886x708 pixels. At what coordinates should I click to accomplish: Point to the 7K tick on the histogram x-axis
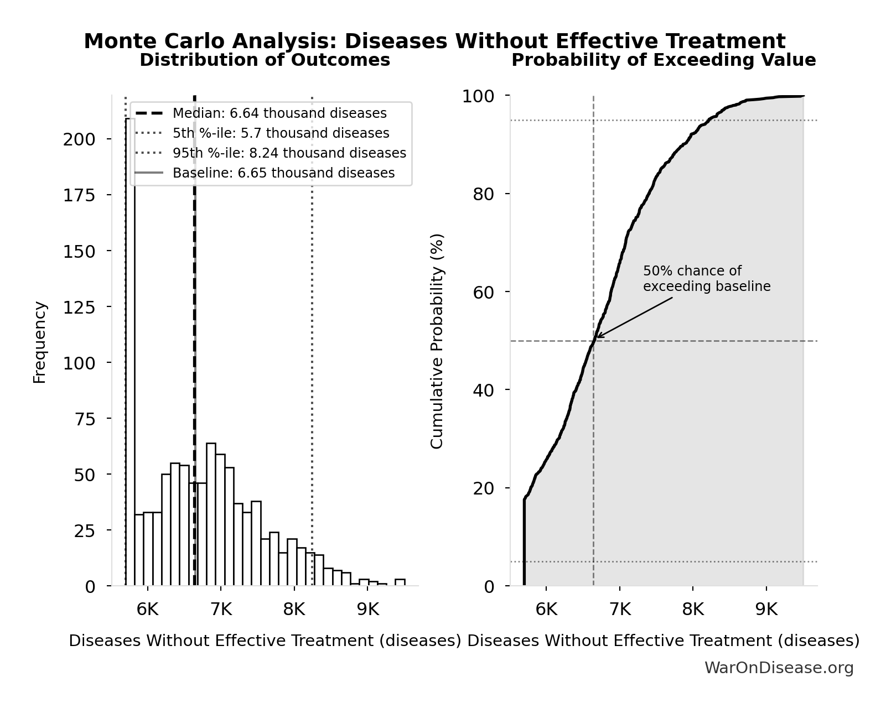tap(221, 610)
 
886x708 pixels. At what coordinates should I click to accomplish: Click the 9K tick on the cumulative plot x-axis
tap(766, 610)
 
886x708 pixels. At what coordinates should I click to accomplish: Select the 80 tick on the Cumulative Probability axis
tap(484, 194)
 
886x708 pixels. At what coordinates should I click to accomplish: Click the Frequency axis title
tap(40, 342)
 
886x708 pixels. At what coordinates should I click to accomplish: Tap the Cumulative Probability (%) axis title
tap(437, 341)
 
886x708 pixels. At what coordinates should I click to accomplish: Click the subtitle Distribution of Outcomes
tap(265, 60)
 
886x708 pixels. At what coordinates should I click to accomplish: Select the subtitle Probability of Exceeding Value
tap(663, 60)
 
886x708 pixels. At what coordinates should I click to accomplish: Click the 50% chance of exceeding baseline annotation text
tap(706, 279)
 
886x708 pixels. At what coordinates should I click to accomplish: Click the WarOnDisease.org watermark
tap(779, 668)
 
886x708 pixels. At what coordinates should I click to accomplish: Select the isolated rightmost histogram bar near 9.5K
tap(400, 582)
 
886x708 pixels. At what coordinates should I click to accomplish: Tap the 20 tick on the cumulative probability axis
tap(484, 488)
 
